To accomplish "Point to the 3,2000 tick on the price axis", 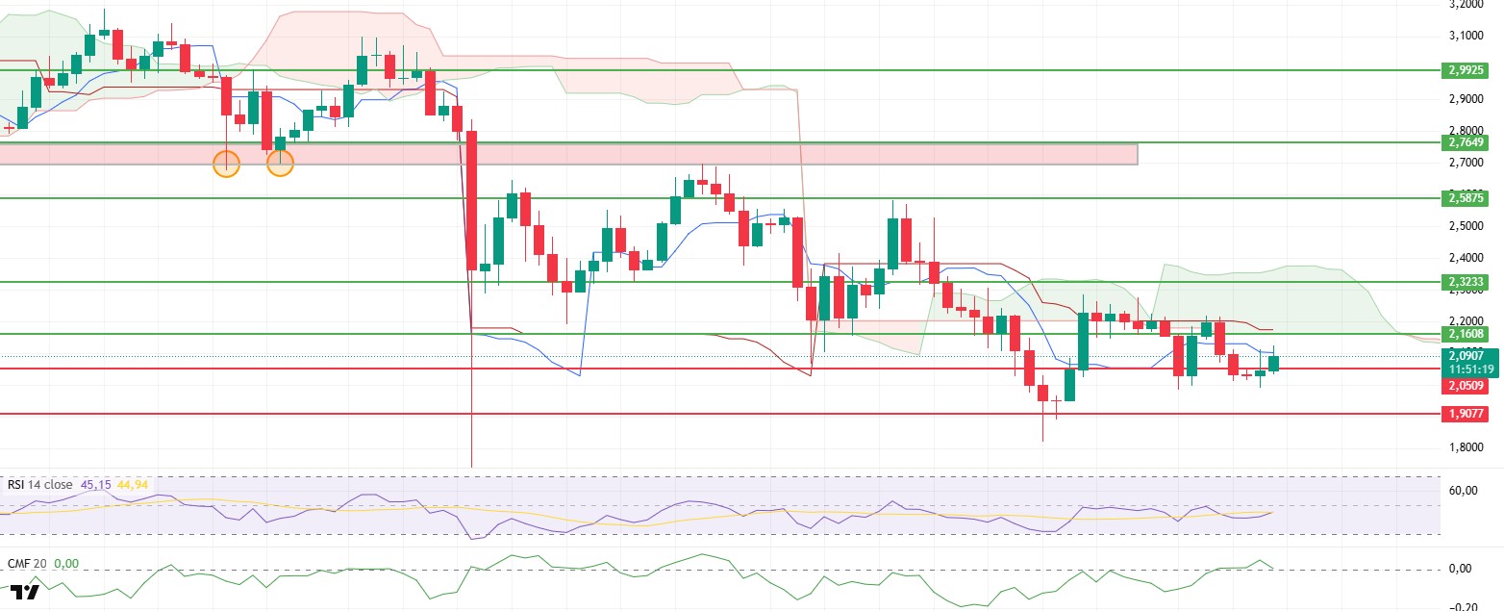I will (x=1468, y=5).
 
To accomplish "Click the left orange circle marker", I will (x=226, y=164).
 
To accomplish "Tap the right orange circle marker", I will (x=280, y=164).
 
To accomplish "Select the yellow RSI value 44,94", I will (x=132, y=485).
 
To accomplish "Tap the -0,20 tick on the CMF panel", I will (x=1464, y=607).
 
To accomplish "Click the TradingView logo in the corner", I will (x=26, y=593).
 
